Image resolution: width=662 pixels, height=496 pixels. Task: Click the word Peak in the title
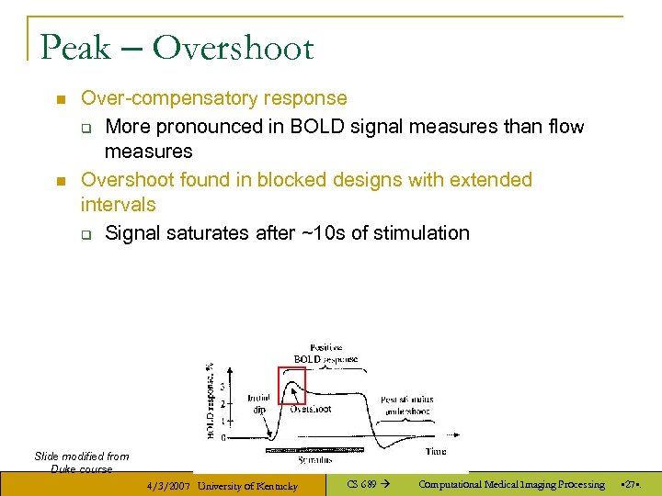pos(75,47)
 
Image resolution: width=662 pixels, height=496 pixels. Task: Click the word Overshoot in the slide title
pos(234,47)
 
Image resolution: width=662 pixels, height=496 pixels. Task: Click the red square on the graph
pos(291,384)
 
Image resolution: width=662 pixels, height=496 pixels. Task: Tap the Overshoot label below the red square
pos(311,409)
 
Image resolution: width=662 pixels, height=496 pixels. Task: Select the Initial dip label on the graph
pos(258,405)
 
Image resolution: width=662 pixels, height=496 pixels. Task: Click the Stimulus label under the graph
pos(315,458)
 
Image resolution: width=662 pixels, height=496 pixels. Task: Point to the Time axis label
pos(436,452)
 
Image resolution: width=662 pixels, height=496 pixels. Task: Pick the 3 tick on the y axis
pos(222,386)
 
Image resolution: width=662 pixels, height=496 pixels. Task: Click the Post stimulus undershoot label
pos(405,405)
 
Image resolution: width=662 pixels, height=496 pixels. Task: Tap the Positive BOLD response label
pos(325,353)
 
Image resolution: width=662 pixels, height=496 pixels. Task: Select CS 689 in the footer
pos(360,484)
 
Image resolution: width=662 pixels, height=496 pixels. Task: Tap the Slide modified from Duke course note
pos(82,462)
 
